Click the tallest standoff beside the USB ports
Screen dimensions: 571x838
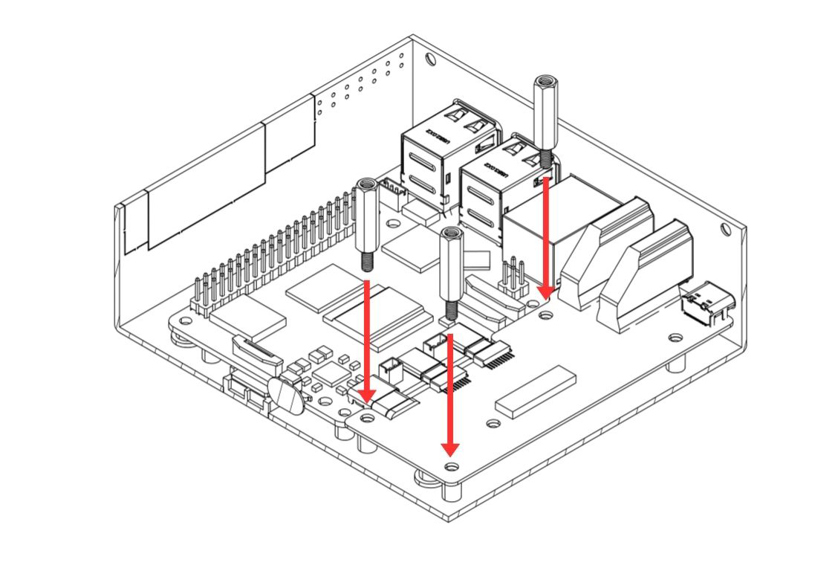pyautogui.click(x=545, y=119)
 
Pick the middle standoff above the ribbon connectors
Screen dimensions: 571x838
pyautogui.click(x=450, y=271)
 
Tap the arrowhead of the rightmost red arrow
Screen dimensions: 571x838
pyautogui.click(x=546, y=291)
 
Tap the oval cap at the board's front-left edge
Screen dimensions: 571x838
pyautogui.click(x=288, y=395)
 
